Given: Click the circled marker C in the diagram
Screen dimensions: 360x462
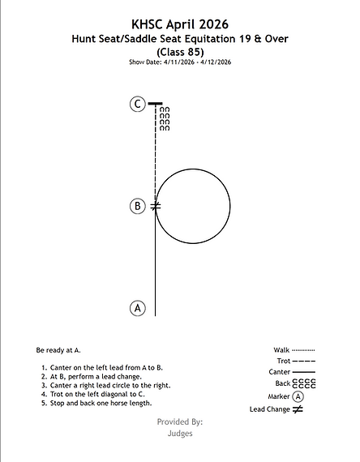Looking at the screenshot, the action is click(x=138, y=104).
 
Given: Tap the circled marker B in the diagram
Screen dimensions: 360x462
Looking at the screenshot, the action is click(x=138, y=206).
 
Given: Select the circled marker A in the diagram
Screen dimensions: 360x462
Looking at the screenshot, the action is click(x=138, y=308).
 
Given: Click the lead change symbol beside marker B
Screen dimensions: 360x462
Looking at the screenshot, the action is click(x=156, y=206).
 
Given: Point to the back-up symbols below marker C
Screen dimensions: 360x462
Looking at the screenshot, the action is click(x=165, y=118).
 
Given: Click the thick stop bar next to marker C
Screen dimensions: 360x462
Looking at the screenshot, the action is click(x=155, y=104).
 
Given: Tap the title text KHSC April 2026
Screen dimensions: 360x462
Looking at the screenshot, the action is click(x=180, y=24).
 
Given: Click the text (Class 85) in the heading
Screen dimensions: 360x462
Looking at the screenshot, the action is click(x=180, y=52).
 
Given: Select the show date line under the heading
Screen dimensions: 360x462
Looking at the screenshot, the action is click(x=180, y=62).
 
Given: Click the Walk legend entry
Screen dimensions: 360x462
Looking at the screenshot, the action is click(x=294, y=350).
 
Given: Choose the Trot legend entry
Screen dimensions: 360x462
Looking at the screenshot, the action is click(x=296, y=361).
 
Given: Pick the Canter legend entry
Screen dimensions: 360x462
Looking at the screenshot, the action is click(x=292, y=372).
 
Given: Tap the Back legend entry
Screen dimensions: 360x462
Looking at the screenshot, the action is click(x=295, y=383).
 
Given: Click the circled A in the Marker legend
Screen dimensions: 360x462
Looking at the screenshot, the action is click(x=298, y=396).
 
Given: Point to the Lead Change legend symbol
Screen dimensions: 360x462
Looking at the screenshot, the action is click(x=298, y=409).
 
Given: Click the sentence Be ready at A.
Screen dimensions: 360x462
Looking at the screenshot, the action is click(x=58, y=350).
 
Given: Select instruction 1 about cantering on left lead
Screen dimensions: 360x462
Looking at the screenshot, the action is click(x=102, y=368).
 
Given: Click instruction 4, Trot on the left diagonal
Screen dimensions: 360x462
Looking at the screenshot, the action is click(x=93, y=394).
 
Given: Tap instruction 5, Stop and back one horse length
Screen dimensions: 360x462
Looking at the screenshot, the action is click(x=96, y=403).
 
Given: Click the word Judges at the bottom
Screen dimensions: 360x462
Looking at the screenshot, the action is click(x=180, y=434).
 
